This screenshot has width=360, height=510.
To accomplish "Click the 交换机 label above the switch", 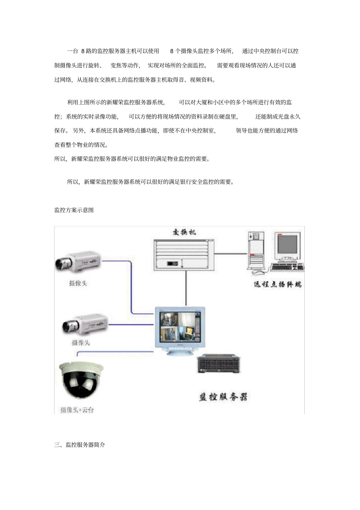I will pos(184,232).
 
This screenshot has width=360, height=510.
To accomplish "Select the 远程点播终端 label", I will pos(277,284).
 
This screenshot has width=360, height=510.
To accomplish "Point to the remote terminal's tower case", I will pos(256,251).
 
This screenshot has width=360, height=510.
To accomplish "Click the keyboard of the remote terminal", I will pos(287,267).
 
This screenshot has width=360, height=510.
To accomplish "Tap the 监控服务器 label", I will pos(223,397).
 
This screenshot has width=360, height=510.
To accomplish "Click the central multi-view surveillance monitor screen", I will pos(180,326).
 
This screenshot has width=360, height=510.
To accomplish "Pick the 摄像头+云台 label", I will pos(77,410).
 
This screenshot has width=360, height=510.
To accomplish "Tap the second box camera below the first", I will pos(85,325).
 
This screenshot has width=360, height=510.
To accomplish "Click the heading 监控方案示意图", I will pos(74,210).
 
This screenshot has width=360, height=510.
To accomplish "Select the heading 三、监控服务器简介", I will pos(80,445).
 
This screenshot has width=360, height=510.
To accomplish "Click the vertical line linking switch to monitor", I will pos(186,288).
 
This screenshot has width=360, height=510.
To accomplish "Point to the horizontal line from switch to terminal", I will pos(230,253).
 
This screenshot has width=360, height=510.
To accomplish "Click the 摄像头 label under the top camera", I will pos(78,283).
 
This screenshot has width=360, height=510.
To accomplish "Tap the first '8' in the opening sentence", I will pos(83,51).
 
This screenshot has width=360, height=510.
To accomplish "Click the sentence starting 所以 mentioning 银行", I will pos(151,182).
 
